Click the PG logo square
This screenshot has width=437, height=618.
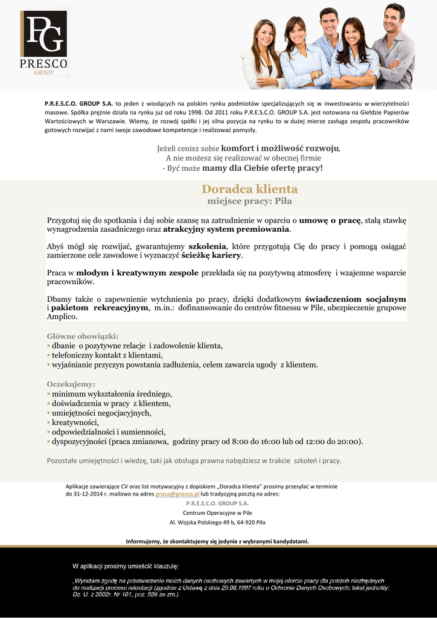[44, 34]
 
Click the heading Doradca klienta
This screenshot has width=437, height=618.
[249, 189]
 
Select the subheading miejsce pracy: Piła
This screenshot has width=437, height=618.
[249, 201]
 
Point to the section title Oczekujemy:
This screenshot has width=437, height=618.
[71, 384]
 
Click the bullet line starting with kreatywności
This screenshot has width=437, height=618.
[75, 422]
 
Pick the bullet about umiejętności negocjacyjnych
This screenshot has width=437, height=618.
[101, 413]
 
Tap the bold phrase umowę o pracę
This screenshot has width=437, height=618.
[330, 220]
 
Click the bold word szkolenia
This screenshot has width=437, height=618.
[207, 246]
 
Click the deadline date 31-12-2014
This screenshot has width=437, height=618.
[85, 494]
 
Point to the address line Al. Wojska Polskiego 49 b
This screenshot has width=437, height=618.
[217, 522]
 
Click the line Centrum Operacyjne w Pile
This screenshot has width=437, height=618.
[217, 512]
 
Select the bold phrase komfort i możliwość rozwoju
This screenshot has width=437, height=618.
[280, 148]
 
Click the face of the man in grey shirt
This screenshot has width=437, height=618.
[392, 19]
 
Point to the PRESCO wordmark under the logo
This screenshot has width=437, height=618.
[44, 64]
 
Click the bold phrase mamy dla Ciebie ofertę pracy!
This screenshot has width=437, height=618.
[263, 167]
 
